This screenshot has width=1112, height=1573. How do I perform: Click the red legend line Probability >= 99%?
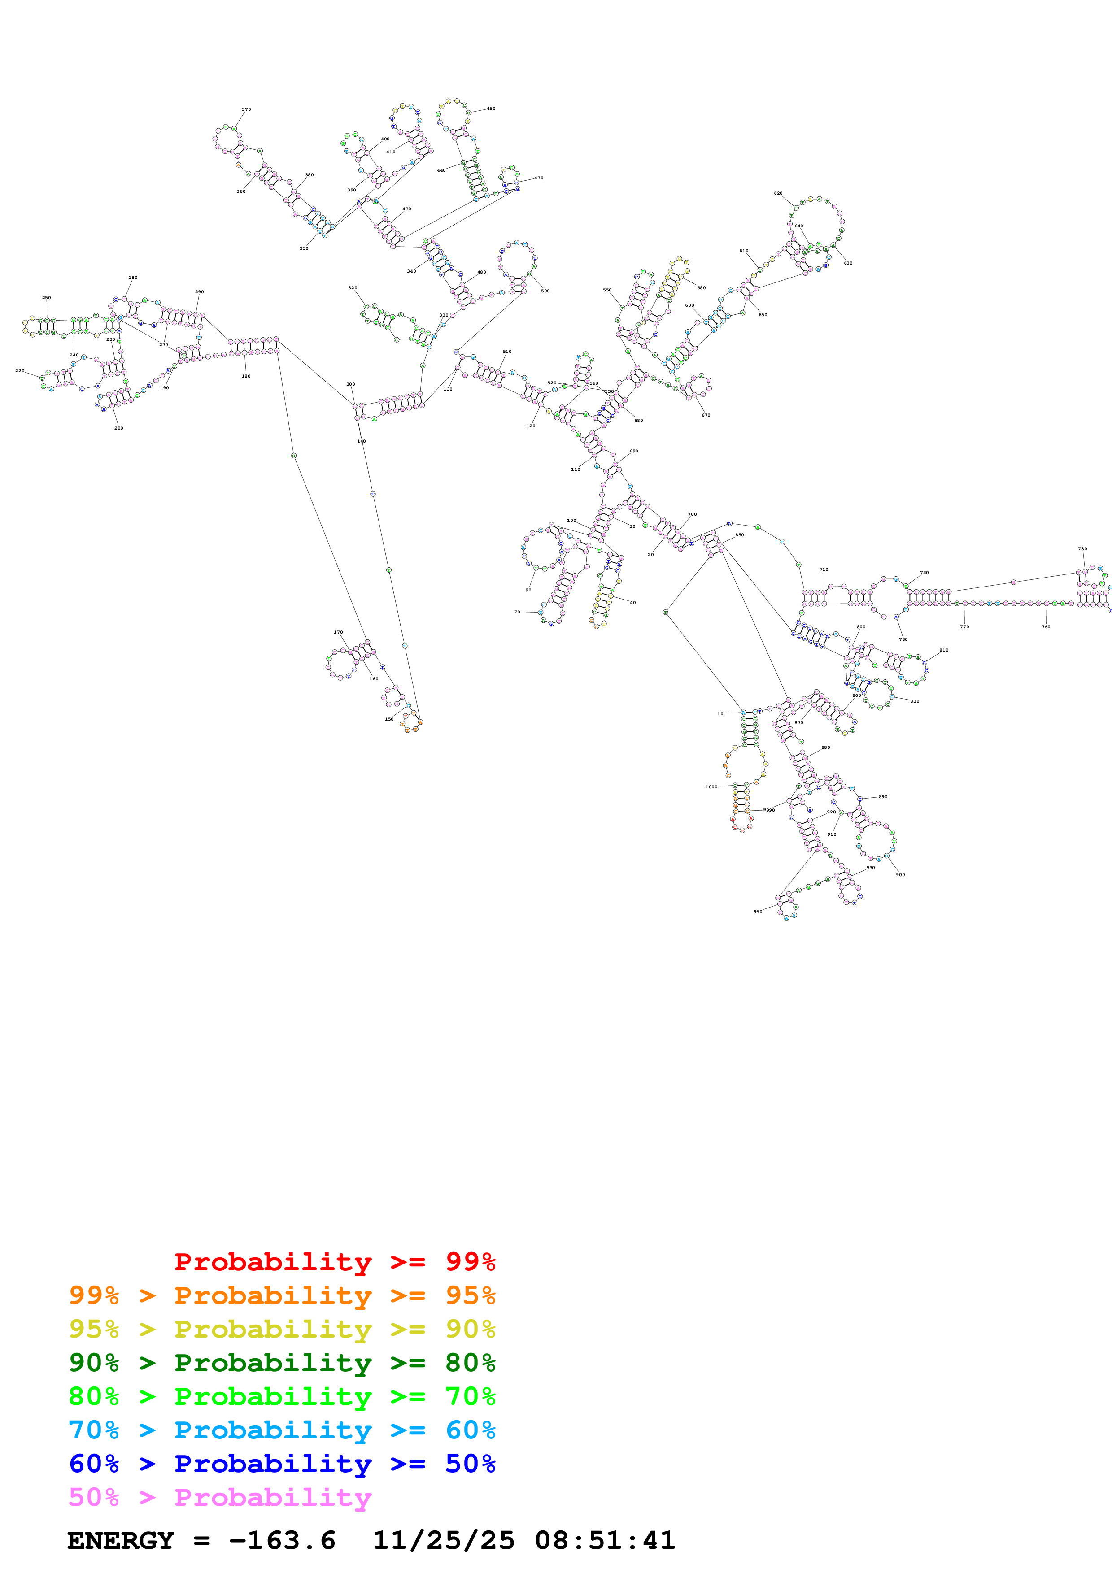[334, 1262]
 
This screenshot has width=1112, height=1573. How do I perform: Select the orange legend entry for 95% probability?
[282, 1295]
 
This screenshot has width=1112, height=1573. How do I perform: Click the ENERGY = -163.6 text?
[201, 1540]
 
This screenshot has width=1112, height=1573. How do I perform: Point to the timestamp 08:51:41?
[605, 1540]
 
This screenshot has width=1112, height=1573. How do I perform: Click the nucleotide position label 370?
[246, 109]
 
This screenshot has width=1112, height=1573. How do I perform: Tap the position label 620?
[778, 193]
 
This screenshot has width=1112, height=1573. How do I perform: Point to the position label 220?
[20, 371]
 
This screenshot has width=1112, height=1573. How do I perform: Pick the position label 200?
[118, 428]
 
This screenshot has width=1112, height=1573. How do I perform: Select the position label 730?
[1082, 549]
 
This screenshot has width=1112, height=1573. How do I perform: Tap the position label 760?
[1046, 627]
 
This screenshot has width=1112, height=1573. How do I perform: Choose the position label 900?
[900, 875]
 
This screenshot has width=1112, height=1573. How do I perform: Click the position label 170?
[338, 632]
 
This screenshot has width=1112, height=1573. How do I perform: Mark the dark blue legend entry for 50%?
[282, 1464]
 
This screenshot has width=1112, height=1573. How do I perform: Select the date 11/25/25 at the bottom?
[443, 1540]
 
